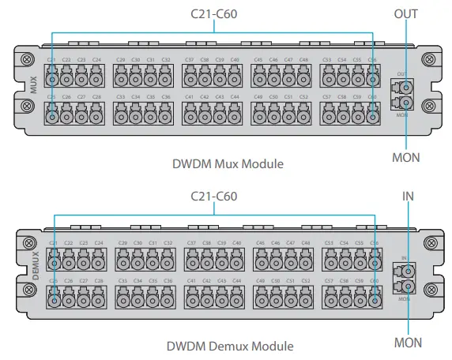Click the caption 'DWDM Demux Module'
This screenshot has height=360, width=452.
[x=230, y=346]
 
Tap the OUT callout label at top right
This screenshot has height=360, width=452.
[x=405, y=14]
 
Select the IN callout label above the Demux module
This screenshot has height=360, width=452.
[x=407, y=194]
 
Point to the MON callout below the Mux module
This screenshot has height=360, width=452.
[x=406, y=157]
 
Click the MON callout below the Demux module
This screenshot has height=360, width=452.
[x=407, y=343]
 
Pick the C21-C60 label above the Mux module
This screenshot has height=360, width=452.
[x=214, y=13]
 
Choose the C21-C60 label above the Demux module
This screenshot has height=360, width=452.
[x=214, y=195]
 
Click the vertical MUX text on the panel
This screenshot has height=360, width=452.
[x=33, y=85]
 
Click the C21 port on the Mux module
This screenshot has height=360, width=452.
[x=52, y=78]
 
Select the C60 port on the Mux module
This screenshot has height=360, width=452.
[x=373, y=115]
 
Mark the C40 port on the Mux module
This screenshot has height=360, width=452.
[x=235, y=78]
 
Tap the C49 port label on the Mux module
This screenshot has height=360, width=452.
[x=258, y=96]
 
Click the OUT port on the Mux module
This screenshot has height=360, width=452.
[x=404, y=86]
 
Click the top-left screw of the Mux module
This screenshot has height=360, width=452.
[x=28, y=60]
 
